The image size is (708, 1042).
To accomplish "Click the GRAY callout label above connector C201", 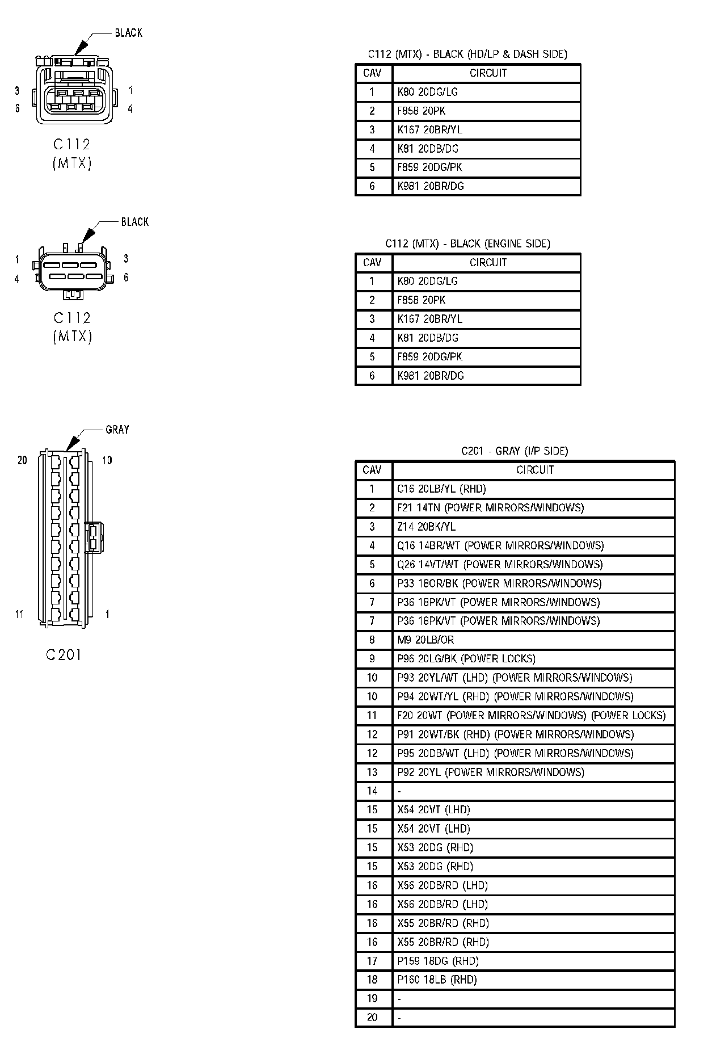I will click(117, 430).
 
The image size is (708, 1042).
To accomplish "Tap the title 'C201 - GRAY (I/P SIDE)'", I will click(514, 451).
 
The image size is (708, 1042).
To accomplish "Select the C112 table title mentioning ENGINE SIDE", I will click(467, 243).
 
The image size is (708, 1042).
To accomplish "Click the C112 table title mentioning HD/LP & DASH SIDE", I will click(467, 54).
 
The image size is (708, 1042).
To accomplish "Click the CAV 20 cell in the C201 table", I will click(372, 1017).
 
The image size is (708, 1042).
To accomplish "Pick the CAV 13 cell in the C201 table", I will click(372, 772).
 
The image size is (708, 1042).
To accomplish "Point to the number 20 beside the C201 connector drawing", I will click(22, 460).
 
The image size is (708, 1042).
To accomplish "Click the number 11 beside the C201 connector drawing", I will click(19, 614).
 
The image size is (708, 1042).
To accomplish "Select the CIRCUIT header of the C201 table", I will click(534, 470).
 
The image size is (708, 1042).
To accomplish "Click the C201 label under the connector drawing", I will click(64, 655).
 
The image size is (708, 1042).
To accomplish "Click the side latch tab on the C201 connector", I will click(94, 536).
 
